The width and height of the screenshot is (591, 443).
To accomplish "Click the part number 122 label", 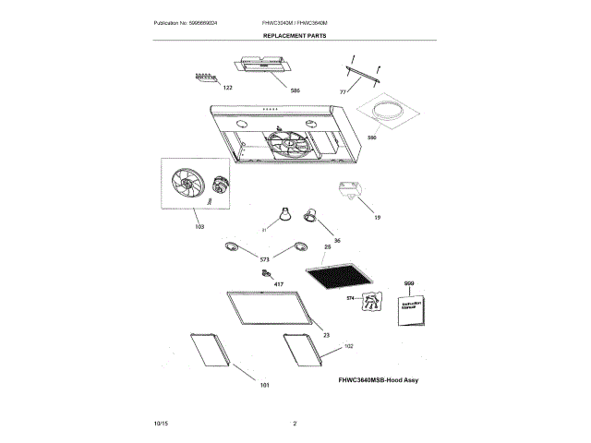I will [227, 87].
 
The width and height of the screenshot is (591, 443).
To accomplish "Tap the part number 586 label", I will [295, 90].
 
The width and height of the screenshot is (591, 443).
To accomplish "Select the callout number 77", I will [343, 92].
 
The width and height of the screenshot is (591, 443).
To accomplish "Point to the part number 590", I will [373, 138].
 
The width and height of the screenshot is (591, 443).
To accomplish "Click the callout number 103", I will [199, 226].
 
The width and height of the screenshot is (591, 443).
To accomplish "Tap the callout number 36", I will [337, 240].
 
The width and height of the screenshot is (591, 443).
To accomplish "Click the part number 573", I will [264, 260].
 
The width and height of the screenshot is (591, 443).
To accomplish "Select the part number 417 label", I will [278, 285].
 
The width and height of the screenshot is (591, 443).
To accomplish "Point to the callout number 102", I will [348, 346].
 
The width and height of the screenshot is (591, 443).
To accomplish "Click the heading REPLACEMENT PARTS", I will [295, 35].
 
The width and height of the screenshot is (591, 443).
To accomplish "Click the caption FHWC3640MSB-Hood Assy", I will [378, 379].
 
